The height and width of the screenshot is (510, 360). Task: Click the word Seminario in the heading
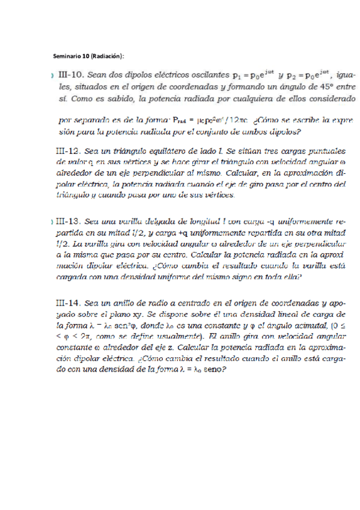pos(67,57)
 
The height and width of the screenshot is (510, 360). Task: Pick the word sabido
pos(109,97)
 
